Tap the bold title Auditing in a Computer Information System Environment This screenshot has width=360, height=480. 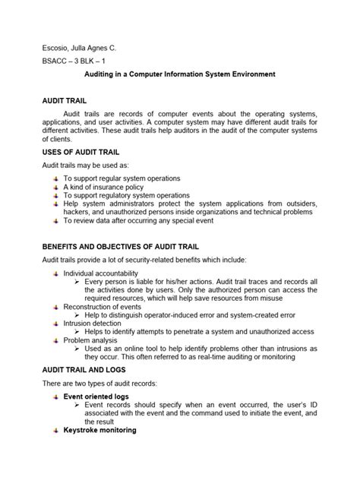(179, 74)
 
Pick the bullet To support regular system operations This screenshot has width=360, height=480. (122, 178)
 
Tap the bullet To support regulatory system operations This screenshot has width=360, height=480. (126, 194)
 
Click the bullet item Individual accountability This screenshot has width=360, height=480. (100, 273)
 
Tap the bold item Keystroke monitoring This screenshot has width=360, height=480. (99, 431)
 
